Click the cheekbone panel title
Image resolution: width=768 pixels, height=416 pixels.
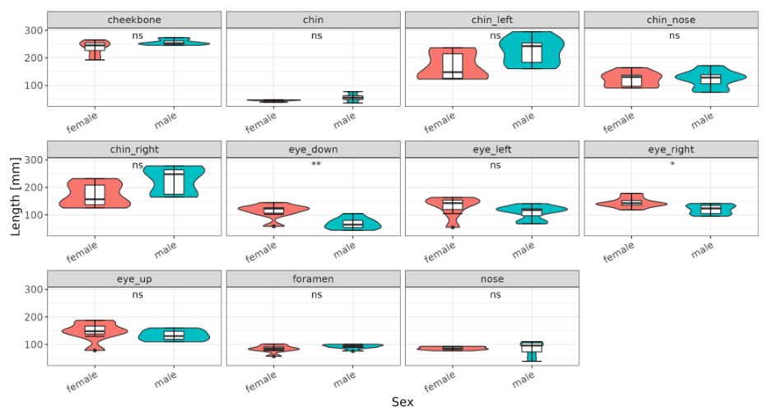134,20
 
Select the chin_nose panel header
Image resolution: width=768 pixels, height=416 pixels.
671,20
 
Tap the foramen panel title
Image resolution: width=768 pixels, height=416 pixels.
313,279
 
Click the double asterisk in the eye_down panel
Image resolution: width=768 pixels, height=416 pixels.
316,164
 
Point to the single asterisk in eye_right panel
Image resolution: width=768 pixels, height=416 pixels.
673,164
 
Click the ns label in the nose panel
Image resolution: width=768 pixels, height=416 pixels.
496,294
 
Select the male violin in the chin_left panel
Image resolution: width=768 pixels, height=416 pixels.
532,50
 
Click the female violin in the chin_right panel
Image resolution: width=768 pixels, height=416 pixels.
95,193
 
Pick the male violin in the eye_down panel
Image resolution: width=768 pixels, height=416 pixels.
352,222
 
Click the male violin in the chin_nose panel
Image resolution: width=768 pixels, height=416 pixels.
710,78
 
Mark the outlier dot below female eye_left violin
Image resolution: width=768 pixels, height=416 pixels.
453,227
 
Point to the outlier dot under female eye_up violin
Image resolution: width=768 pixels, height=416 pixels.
95,350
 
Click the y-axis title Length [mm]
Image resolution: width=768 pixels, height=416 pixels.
15,196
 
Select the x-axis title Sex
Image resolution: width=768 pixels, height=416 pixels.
403,402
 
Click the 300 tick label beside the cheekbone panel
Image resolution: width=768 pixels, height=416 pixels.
34,30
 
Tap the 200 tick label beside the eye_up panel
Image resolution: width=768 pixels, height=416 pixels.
34,317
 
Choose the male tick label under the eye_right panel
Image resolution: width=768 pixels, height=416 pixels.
702,250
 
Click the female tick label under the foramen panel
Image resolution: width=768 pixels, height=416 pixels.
261,381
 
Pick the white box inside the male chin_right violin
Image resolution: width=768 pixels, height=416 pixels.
174,182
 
